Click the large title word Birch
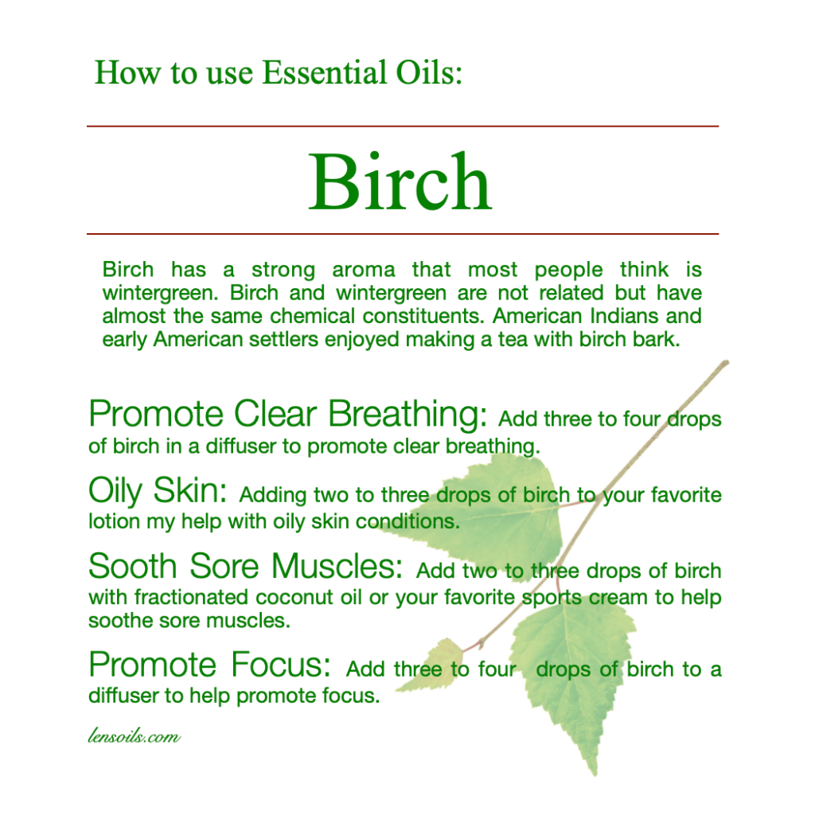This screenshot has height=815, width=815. (x=400, y=181)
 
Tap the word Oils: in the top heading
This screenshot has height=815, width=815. (x=429, y=72)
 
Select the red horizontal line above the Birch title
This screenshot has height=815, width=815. (x=403, y=127)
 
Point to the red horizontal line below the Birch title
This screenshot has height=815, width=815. (x=403, y=234)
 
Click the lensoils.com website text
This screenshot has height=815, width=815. (x=134, y=736)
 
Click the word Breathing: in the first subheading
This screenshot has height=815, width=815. (x=407, y=414)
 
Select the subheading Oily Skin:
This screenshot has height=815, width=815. (x=158, y=490)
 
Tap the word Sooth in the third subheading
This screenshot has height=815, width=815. (x=133, y=566)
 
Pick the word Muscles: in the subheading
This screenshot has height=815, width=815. (x=337, y=566)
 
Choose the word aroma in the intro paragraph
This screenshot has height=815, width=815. (x=363, y=271)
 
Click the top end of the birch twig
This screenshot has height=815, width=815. (x=726, y=363)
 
